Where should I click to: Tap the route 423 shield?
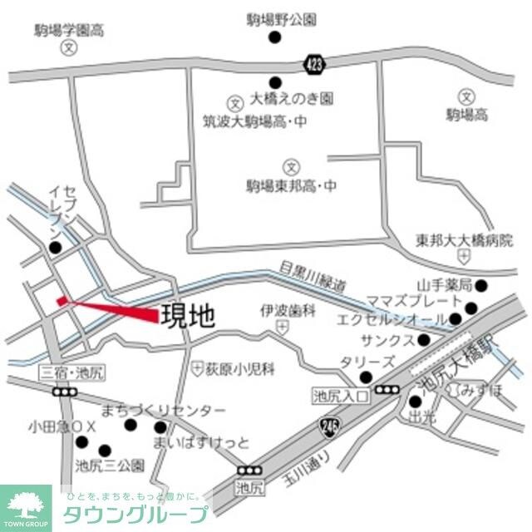tap(313, 62)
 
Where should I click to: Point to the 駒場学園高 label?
tap(68, 31)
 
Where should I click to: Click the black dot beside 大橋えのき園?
tap(275, 81)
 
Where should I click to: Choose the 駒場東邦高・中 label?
tap(290, 185)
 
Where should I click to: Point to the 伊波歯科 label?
tap(288, 310)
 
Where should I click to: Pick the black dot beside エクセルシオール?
tap(456, 319)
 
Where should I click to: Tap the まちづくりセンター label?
tap(163, 411)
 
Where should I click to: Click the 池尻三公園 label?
tap(110, 466)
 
